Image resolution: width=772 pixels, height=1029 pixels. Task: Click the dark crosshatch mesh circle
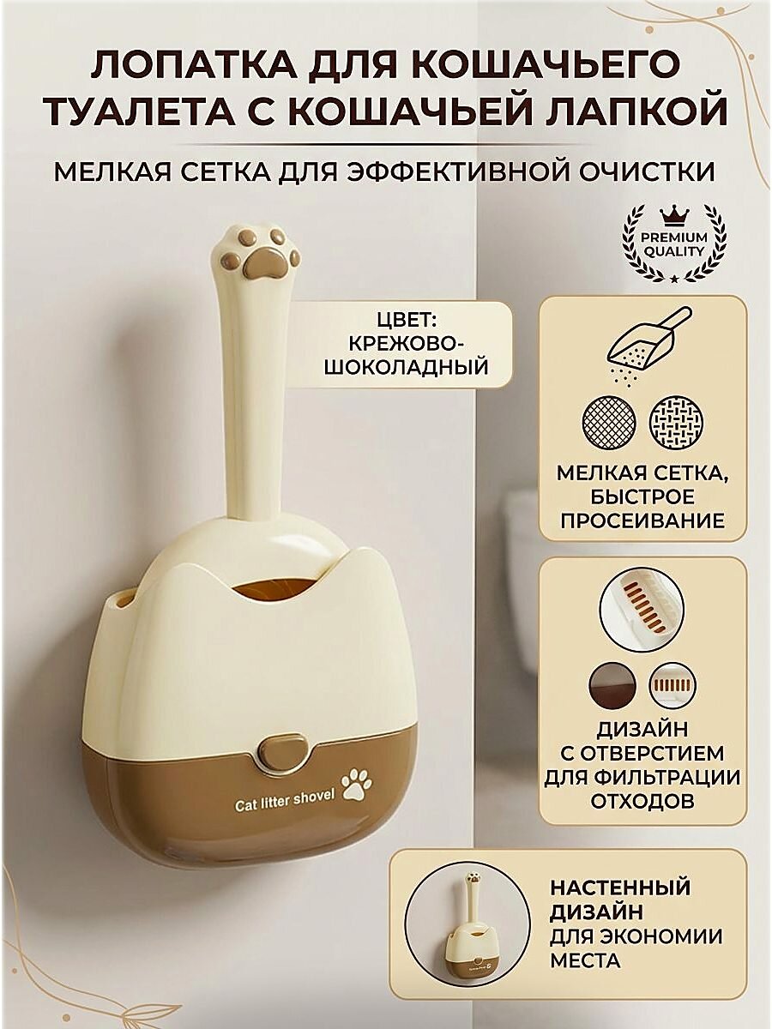608,424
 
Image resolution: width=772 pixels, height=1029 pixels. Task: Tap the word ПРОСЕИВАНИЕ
642,521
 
